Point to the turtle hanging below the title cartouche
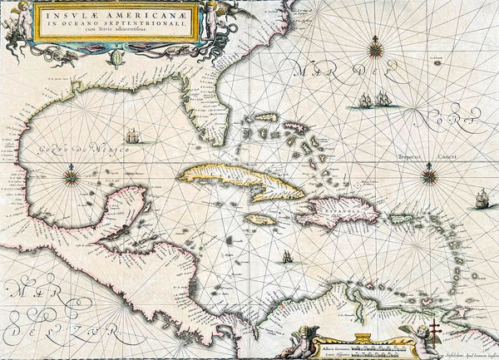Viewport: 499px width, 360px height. (119, 57)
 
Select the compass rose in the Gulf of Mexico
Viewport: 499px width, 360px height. (72, 175)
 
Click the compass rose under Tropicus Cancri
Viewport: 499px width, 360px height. (430, 174)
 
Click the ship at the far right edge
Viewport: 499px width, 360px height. (482, 198)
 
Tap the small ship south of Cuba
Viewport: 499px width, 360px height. (287, 257)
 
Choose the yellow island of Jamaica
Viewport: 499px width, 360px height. (259, 221)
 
